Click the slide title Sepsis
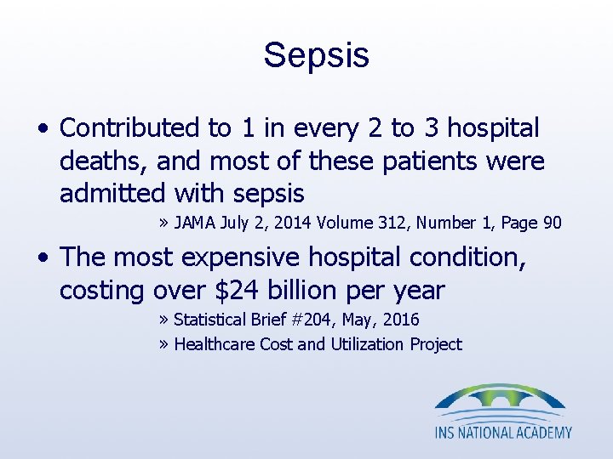(x=316, y=55)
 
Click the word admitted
(x=112, y=194)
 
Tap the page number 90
(x=552, y=223)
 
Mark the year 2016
(x=402, y=320)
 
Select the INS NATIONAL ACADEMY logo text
(x=503, y=433)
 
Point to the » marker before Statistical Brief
(x=163, y=320)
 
